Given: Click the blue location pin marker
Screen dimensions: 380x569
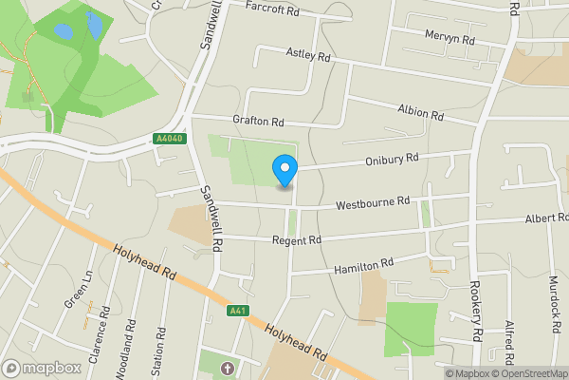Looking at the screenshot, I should [x=284, y=170].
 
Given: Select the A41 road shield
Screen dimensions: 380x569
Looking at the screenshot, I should [x=238, y=311].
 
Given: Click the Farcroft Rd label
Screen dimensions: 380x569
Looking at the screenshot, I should [x=272, y=7].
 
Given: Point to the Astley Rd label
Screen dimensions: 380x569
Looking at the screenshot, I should [x=308, y=57].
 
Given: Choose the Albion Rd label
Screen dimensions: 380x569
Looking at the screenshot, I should [x=421, y=113].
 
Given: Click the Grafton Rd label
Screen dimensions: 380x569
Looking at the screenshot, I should [x=258, y=122].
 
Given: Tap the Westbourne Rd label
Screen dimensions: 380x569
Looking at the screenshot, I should [x=372, y=201].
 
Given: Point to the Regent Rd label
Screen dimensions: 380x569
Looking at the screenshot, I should [x=296, y=240].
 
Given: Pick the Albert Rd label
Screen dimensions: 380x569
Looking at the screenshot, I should [x=547, y=218].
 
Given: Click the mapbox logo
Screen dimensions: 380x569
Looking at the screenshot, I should [x=42, y=368].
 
